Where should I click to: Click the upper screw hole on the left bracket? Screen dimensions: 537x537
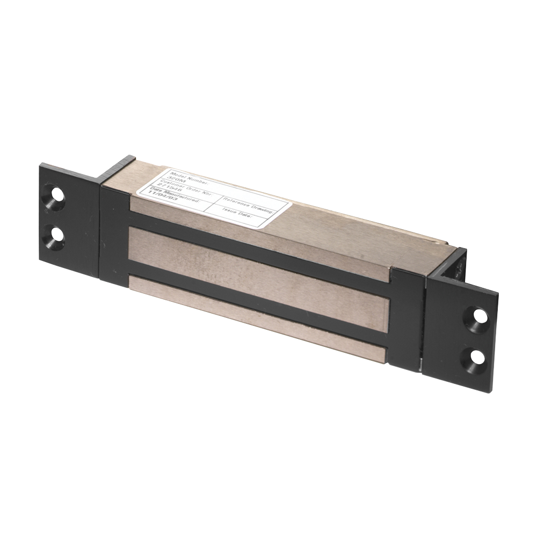(54, 196)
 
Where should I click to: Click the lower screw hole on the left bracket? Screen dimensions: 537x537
(55, 236)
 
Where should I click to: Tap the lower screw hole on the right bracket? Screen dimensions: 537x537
(476, 356)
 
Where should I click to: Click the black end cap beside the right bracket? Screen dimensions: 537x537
(407, 317)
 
